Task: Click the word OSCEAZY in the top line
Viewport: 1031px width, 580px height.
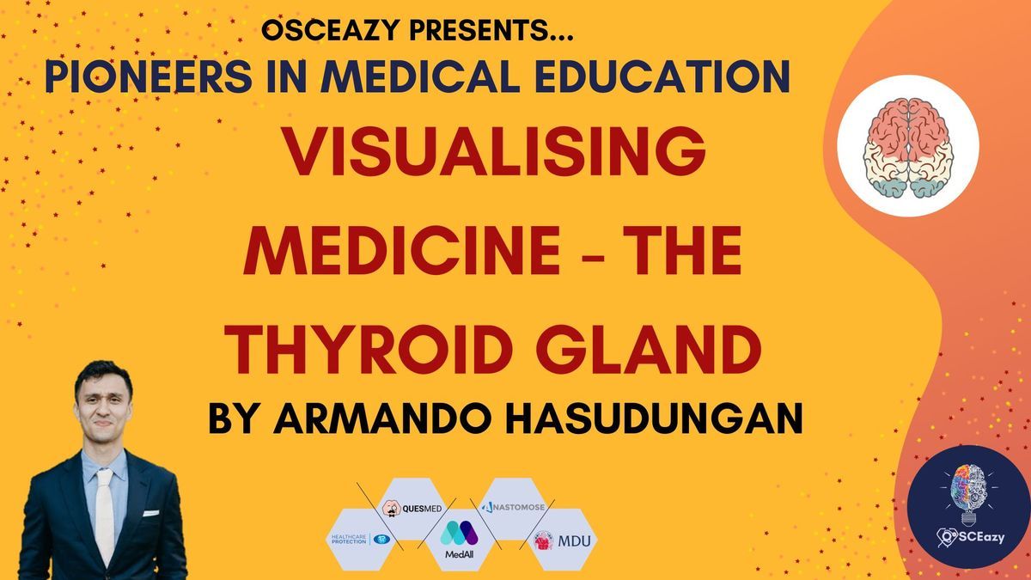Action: point(331,30)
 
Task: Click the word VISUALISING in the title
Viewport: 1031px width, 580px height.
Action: point(494,151)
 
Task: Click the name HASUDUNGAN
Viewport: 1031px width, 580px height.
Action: point(658,418)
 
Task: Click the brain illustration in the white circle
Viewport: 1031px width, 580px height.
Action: point(908,148)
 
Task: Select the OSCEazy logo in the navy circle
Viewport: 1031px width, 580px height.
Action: point(967,506)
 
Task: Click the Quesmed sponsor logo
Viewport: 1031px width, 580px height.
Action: point(412,508)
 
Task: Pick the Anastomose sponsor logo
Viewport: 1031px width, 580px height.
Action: point(513,507)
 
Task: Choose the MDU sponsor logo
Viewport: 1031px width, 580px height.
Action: point(562,540)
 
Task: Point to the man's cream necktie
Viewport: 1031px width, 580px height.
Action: point(105,516)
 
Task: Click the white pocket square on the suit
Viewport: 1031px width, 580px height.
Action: point(151,513)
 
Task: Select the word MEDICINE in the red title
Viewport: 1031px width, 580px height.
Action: point(401,250)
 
